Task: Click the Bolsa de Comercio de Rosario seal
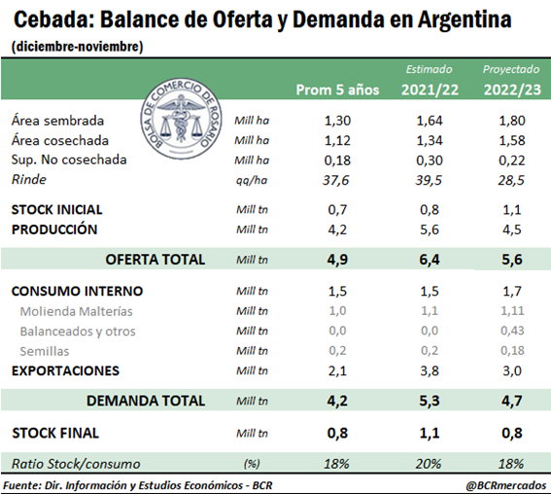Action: [182, 119]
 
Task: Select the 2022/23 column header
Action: [512, 89]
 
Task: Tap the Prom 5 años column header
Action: [337, 89]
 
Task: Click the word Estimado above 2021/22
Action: [430, 69]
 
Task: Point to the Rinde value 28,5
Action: [511, 180]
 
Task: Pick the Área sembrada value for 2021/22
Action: [430, 121]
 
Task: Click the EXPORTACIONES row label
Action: [65, 370]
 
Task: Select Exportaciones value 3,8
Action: [430, 370]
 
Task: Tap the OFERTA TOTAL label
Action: [155, 260]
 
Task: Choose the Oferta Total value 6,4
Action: [430, 260]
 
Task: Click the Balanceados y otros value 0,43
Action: [512, 331]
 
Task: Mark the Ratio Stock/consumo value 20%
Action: [429, 464]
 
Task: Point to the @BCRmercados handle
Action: [506, 485]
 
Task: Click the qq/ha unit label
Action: [252, 180]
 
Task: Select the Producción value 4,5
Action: [512, 229]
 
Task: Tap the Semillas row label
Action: [45, 351]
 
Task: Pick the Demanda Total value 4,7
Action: [512, 401]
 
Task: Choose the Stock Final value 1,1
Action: [430, 433]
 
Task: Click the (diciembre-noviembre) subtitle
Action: [78, 47]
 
